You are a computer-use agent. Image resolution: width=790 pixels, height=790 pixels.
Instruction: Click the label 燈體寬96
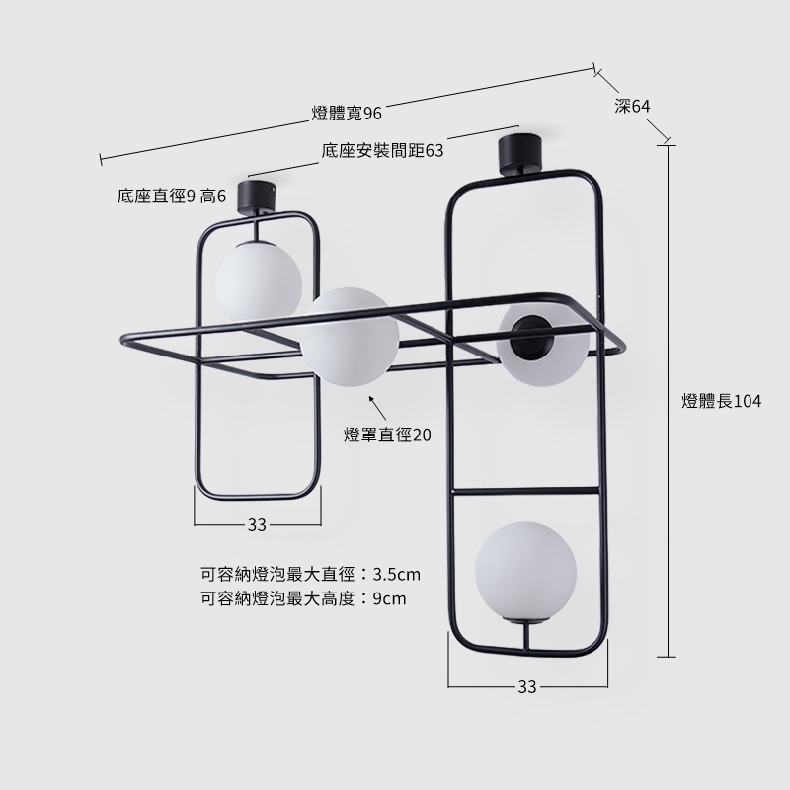click(x=347, y=114)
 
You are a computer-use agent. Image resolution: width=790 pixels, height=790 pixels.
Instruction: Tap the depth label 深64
click(x=632, y=106)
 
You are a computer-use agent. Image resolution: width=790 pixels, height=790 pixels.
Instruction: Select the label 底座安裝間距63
click(x=383, y=151)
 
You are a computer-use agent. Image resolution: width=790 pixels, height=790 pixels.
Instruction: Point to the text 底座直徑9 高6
click(x=172, y=196)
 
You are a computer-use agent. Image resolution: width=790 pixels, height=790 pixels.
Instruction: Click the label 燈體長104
click(x=722, y=401)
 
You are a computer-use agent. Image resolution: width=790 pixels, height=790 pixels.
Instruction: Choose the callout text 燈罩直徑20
click(x=387, y=434)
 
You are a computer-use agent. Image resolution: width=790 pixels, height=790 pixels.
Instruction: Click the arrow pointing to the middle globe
click(x=377, y=408)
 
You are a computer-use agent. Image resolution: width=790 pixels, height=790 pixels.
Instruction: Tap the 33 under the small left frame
click(x=257, y=525)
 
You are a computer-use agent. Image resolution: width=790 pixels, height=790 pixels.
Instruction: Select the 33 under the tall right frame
click(x=527, y=686)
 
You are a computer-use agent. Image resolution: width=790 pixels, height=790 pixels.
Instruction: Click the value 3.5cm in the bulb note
click(x=397, y=574)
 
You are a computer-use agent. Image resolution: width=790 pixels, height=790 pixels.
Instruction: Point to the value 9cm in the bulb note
click(x=389, y=598)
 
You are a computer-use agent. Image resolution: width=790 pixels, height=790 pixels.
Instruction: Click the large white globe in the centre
click(x=350, y=337)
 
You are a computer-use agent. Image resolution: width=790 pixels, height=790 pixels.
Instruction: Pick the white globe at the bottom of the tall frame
click(x=525, y=572)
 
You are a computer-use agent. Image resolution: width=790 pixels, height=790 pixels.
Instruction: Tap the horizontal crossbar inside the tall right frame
click(x=526, y=490)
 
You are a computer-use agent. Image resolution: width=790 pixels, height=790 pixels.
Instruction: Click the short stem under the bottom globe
click(x=527, y=636)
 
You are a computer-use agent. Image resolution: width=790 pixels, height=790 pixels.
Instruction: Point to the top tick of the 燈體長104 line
click(x=667, y=146)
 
